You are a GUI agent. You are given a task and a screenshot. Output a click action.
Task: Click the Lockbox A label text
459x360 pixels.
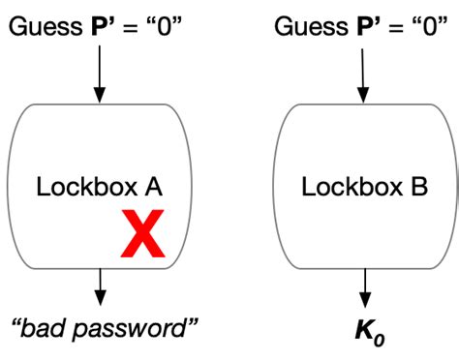99,187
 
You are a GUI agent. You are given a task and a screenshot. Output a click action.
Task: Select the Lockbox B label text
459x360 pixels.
364,187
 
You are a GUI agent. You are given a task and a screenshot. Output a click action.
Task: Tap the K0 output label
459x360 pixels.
365,331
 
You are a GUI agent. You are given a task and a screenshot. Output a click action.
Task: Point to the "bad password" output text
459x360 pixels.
104,329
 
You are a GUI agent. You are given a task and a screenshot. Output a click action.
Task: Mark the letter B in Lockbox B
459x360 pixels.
417,187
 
